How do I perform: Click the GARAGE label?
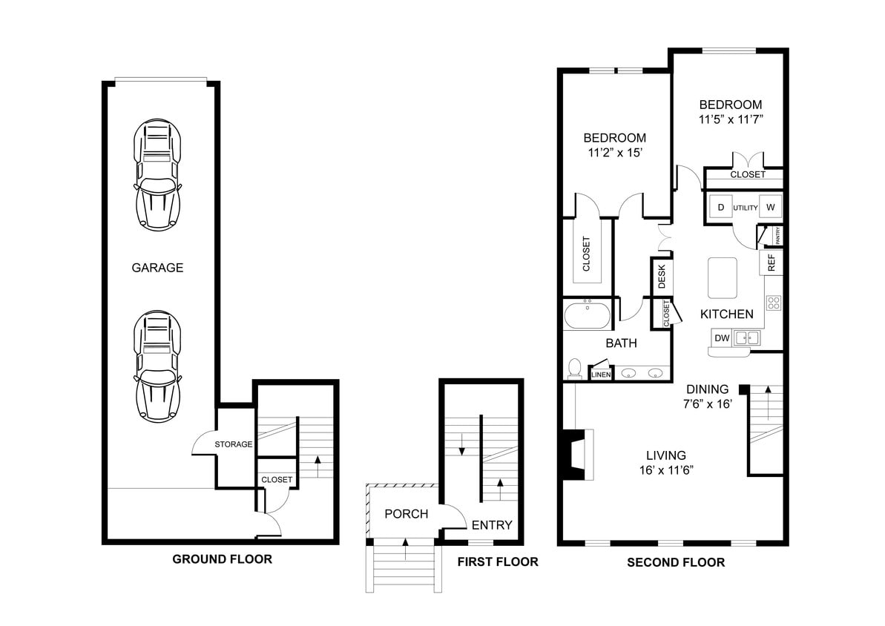pyautogui.click(x=157, y=268)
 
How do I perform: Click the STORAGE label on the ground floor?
pyautogui.click(x=234, y=444)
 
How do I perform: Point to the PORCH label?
pyautogui.click(x=406, y=514)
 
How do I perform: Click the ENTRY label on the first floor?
pyautogui.click(x=492, y=525)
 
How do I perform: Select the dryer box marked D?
pyautogui.click(x=720, y=207)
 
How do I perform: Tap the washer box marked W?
pyautogui.click(x=770, y=207)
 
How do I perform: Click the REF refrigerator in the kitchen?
pyautogui.click(x=772, y=263)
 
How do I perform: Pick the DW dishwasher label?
pyautogui.click(x=722, y=338)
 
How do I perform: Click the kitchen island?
pyautogui.click(x=723, y=277)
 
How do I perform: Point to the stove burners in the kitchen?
pyautogui.click(x=774, y=302)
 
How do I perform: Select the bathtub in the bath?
pyautogui.click(x=587, y=317)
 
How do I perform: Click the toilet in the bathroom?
pyautogui.click(x=574, y=368)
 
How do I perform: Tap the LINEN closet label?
pyautogui.click(x=600, y=375)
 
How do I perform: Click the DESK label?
pyautogui.click(x=662, y=277)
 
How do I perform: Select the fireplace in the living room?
pyautogui.click(x=576, y=455)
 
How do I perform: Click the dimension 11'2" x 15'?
pyautogui.click(x=614, y=154)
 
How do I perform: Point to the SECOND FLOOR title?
pyautogui.click(x=676, y=563)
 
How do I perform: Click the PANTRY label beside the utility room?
pyautogui.click(x=777, y=236)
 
